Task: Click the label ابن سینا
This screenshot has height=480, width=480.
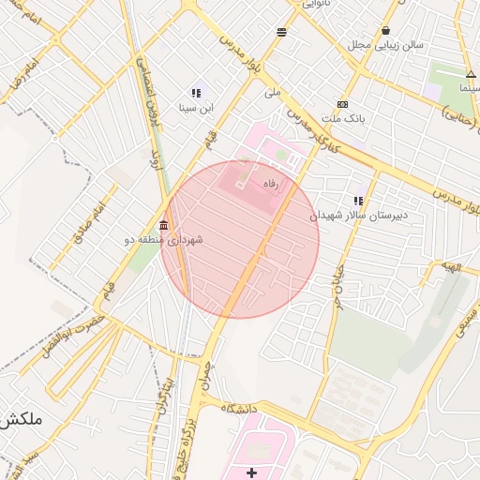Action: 197,108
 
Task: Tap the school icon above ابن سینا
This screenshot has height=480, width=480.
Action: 196,93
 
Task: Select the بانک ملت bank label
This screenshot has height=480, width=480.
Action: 342,118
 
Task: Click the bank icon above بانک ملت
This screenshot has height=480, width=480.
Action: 342,104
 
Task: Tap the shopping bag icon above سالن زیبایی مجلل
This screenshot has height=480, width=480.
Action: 386,30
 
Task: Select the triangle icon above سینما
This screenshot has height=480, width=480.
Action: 470,74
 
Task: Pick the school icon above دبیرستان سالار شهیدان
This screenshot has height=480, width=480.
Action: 358,200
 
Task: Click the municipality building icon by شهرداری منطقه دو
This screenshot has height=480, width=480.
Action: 165,225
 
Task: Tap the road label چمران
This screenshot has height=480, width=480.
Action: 203,373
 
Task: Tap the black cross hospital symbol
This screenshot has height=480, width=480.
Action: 250,472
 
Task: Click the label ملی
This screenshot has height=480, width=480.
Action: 273,92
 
